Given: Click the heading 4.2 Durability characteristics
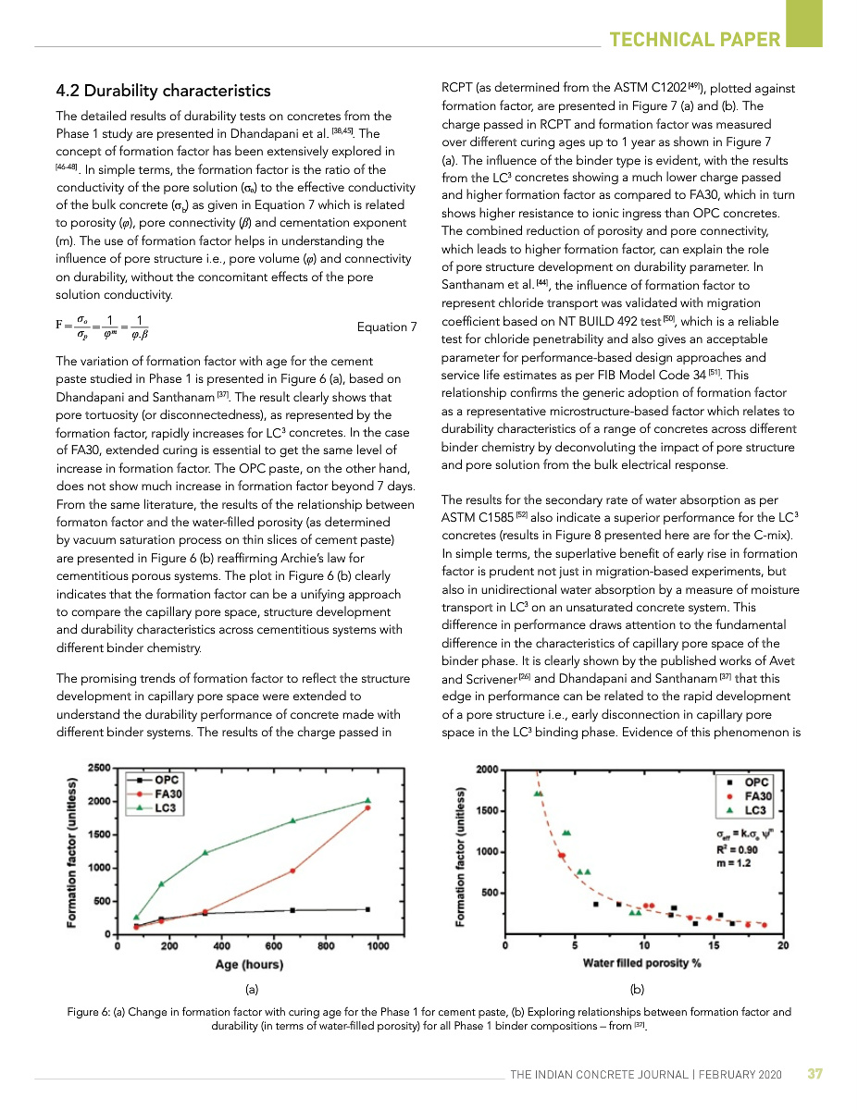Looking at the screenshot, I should (x=164, y=91).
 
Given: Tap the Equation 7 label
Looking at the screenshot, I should (x=386, y=327).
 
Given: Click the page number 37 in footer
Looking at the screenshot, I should (x=814, y=1074).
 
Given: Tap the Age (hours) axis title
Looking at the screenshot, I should (x=250, y=965).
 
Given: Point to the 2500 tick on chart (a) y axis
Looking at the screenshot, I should (x=100, y=769).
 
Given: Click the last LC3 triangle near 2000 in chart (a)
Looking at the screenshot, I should (x=367, y=800).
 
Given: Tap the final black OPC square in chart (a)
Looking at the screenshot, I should (x=367, y=909).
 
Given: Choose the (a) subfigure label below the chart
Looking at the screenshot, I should (x=249, y=989).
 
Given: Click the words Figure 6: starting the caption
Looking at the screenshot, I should (x=91, y=1012).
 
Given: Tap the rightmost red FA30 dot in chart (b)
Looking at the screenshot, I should (x=765, y=924).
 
